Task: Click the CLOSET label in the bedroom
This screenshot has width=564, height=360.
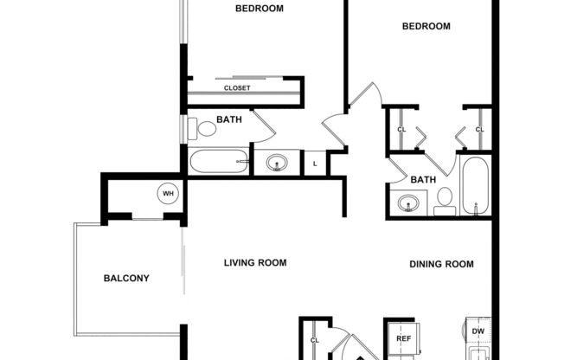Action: (x=237, y=88)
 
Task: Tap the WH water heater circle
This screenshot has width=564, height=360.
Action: (x=167, y=194)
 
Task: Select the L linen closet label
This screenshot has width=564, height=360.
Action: (x=315, y=164)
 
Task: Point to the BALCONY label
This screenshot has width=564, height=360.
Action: (x=126, y=278)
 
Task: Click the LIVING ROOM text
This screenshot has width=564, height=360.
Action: (x=255, y=263)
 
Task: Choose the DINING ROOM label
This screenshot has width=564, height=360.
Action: (x=441, y=264)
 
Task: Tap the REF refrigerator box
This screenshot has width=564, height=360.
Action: (x=403, y=338)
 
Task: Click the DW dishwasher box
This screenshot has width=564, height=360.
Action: (x=477, y=331)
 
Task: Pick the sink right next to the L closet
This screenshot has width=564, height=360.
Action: (x=277, y=163)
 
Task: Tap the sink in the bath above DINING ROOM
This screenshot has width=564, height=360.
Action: (x=409, y=204)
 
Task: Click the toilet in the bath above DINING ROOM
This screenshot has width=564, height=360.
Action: (x=445, y=199)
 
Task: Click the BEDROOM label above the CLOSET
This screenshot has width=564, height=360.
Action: (x=260, y=9)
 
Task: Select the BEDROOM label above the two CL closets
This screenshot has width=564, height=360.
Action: (x=426, y=26)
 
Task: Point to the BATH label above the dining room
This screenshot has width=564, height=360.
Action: (x=423, y=180)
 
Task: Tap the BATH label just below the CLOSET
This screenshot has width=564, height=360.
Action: (x=228, y=119)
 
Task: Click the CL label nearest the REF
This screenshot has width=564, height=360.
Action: (x=315, y=340)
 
